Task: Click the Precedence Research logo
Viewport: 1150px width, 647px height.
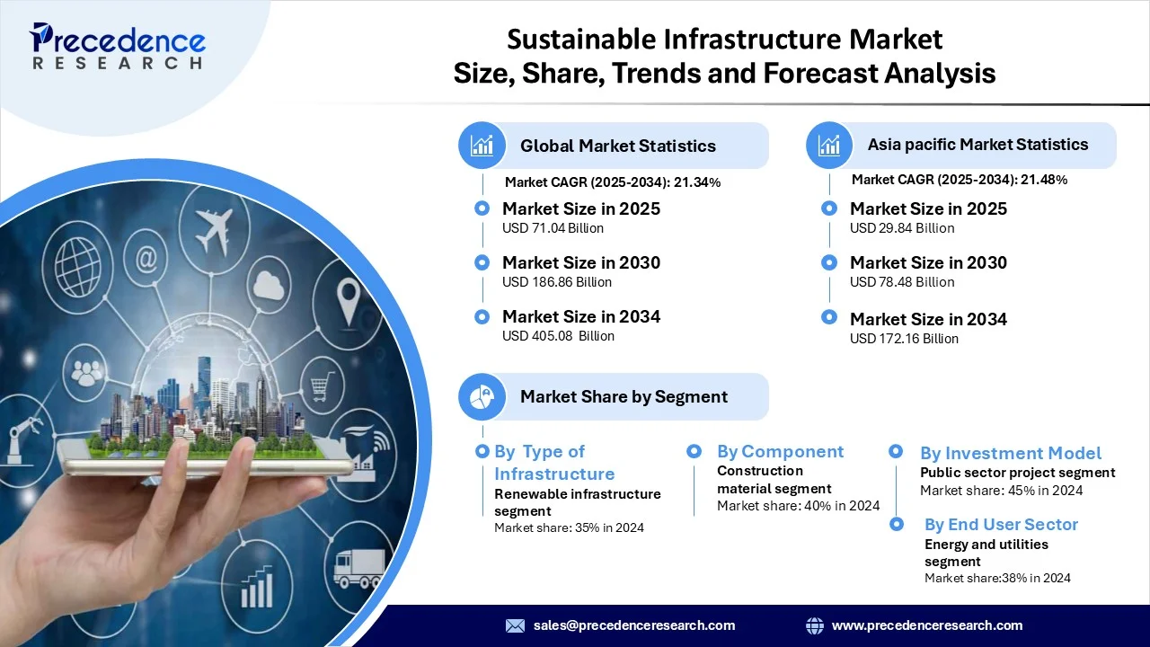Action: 118,46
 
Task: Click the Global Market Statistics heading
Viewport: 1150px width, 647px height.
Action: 617,146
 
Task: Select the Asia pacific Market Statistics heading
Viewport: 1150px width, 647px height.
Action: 977,145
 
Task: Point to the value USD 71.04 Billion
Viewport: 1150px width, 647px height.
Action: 553,228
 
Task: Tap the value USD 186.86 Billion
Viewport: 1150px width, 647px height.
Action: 556,282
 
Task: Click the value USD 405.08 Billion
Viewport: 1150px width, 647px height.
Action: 558,336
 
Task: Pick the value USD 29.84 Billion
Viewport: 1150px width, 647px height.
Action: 902,228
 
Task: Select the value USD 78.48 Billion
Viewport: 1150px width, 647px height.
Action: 902,282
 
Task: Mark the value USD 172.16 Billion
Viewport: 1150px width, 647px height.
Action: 904,339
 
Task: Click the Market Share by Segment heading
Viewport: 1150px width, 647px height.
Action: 624,396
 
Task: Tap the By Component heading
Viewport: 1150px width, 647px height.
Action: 780,451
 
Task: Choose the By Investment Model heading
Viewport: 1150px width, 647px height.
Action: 1010,453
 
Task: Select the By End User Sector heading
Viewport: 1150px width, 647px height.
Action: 1001,524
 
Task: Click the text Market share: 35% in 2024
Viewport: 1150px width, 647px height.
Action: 569,527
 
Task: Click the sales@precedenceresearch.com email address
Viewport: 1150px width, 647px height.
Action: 633,625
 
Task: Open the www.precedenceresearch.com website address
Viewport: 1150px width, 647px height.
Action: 926,625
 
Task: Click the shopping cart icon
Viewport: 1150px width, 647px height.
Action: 321,387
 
